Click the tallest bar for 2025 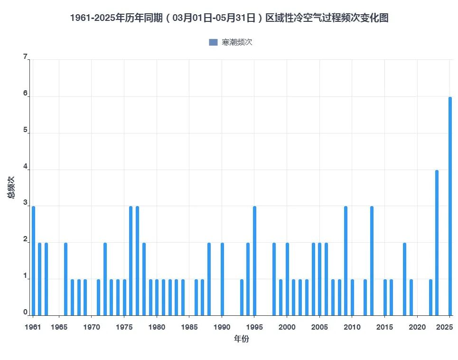[x=450, y=206]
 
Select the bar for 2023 [x=437, y=243]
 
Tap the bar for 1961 [x=33, y=261]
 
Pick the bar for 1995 [x=254, y=261]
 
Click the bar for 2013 [x=372, y=261]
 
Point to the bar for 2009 [x=346, y=261]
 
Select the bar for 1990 [x=222, y=279]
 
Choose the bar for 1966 [x=65, y=279]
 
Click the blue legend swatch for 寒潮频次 [x=213, y=42]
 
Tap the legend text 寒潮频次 [x=237, y=42]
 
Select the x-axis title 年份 [x=242, y=339]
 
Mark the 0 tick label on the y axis [x=25, y=313]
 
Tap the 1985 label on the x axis [x=189, y=327]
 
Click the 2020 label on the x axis [x=417, y=327]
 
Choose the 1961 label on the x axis [x=33, y=327]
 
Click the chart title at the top [x=229, y=18]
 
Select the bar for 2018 [x=404, y=279]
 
